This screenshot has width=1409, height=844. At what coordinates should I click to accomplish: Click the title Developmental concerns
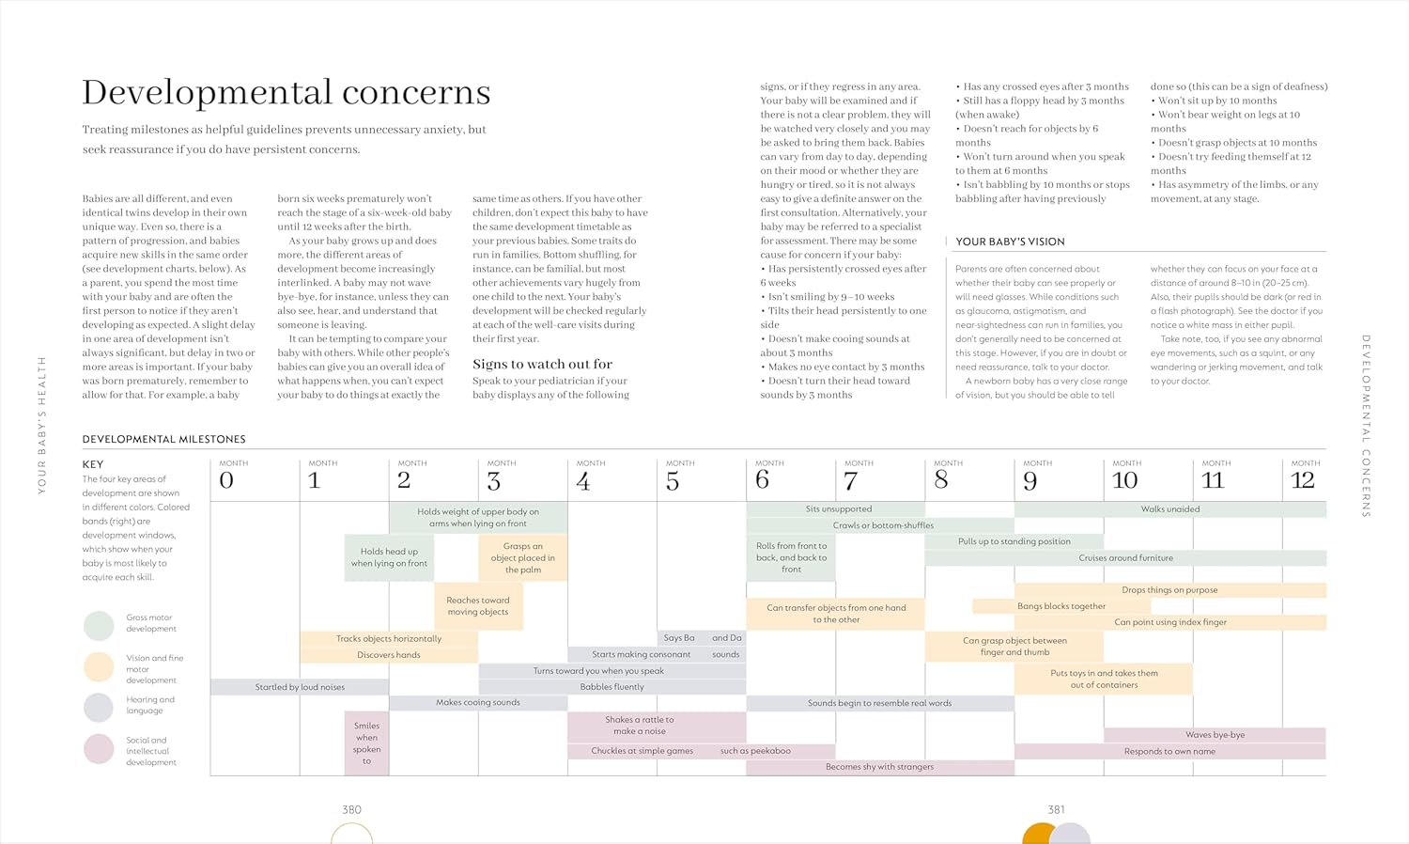[286, 92]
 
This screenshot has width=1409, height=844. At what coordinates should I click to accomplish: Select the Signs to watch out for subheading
[542, 364]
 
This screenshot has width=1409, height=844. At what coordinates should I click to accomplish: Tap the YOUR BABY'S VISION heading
[1010, 242]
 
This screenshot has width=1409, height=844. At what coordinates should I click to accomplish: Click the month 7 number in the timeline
[851, 480]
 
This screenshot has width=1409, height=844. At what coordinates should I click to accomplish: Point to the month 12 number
[1302, 480]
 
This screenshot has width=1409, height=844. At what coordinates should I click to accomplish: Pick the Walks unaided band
[1169, 509]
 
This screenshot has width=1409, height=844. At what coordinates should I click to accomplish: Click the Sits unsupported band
[838, 509]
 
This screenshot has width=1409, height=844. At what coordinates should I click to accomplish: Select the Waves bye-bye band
[1215, 735]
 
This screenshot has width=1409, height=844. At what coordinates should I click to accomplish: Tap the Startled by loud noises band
[300, 687]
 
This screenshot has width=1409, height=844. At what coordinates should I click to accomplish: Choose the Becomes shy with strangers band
[879, 767]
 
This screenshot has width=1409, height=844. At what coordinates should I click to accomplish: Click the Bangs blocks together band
[1061, 606]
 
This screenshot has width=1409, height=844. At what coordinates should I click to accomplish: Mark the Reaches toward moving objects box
[478, 606]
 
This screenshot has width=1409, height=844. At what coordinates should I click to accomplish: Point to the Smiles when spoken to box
[366, 742]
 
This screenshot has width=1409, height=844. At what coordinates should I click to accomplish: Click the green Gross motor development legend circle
[99, 625]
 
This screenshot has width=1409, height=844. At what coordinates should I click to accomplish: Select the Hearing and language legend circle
[99, 707]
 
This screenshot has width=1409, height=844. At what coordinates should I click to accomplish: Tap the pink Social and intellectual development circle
[99, 749]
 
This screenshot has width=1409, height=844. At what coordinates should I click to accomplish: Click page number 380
[351, 809]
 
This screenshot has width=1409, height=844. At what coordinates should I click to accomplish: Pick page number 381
[1056, 809]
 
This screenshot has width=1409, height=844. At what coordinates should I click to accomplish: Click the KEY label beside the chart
[93, 464]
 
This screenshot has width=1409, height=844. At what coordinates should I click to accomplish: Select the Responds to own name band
[1169, 751]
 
